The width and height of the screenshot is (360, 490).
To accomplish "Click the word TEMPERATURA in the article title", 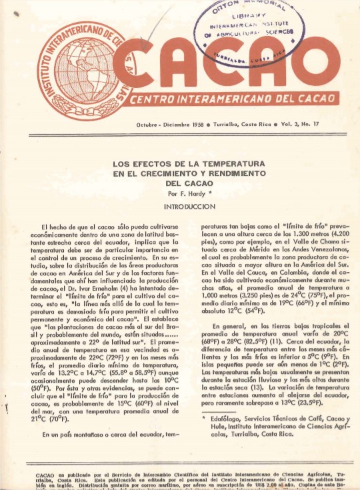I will [x=228, y=163].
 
